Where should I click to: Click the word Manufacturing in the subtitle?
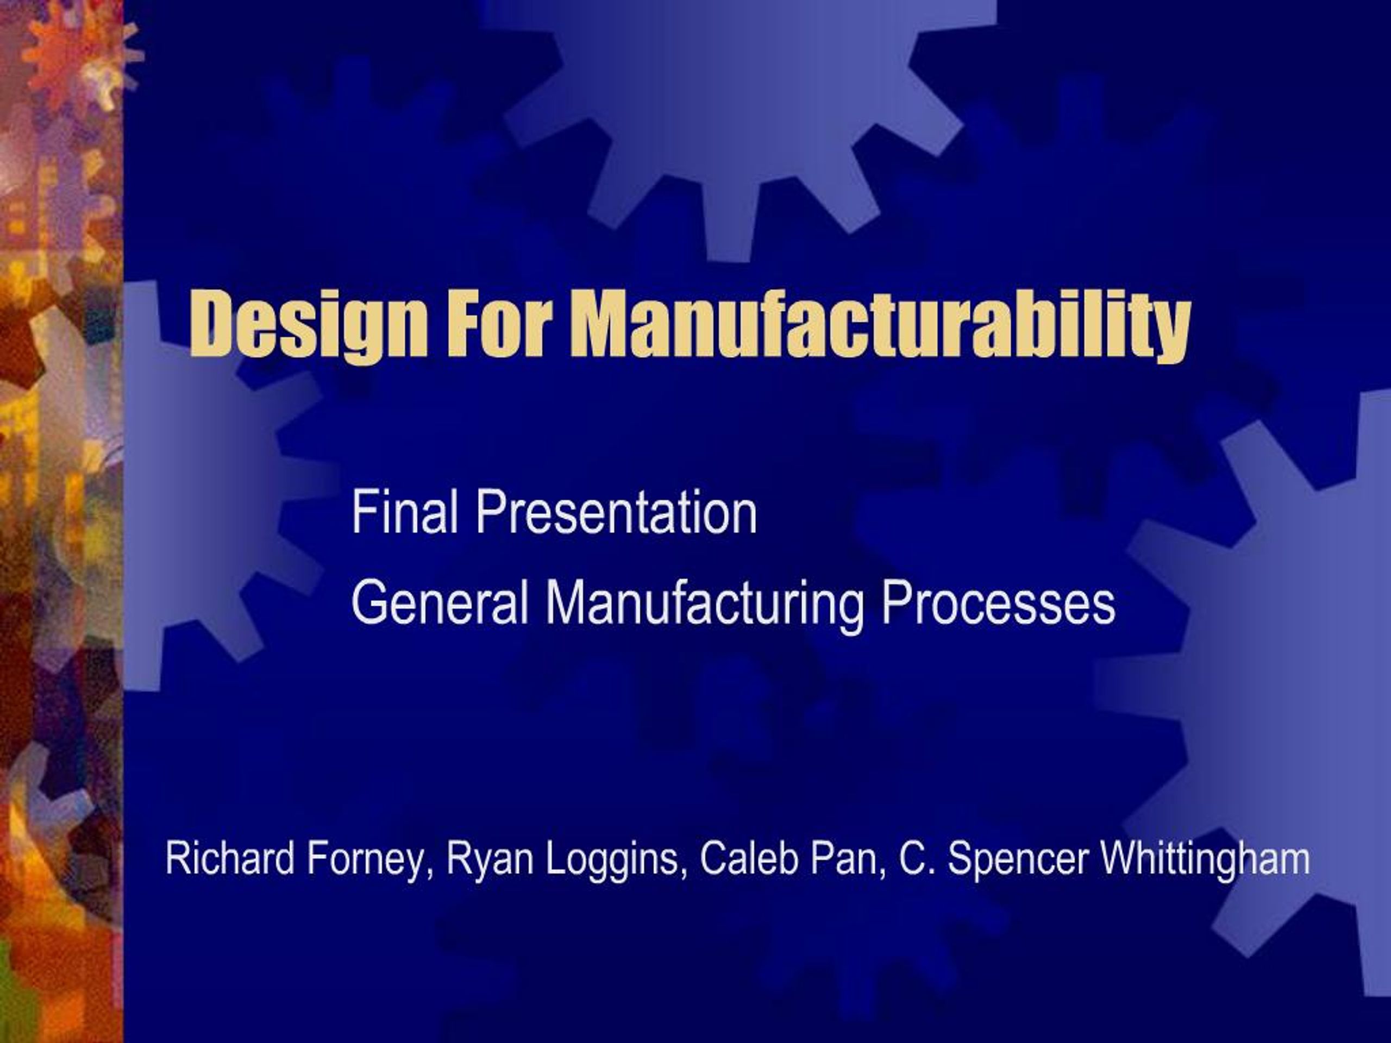coord(704,604)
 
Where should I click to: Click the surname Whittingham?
coord(1204,860)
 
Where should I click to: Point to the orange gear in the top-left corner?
coord(76,56)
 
